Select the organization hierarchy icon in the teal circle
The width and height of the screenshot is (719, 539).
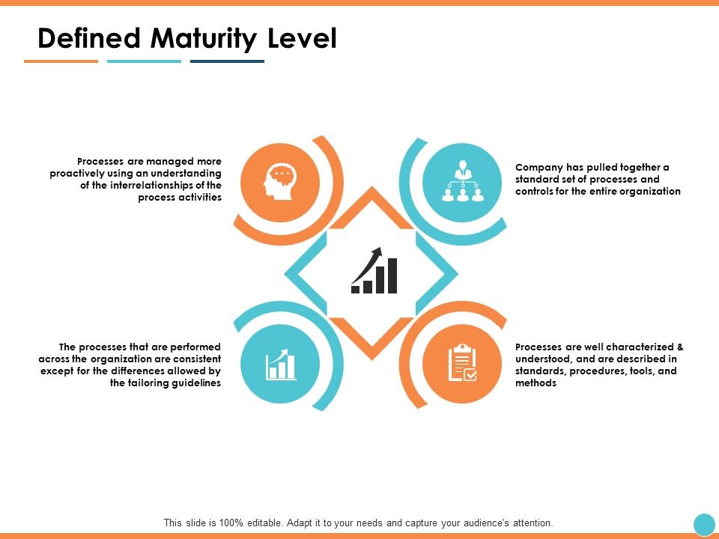point(461,183)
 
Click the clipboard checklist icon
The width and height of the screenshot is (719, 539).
point(461,364)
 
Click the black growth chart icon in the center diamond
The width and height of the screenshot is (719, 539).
point(374,271)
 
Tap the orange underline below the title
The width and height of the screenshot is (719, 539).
point(61,61)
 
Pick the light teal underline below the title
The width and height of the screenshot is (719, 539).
point(144,61)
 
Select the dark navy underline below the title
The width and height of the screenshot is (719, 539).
point(227,61)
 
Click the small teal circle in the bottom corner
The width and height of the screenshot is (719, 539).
point(704,524)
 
